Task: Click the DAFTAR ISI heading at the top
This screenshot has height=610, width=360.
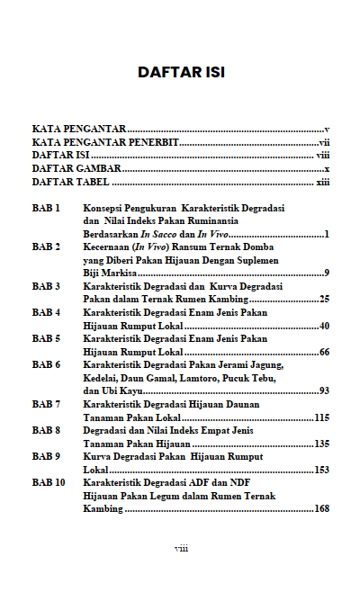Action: point(180,71)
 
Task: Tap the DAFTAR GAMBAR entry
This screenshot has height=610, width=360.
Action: point(76,169)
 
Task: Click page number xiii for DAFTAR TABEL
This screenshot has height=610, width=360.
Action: point(322,182)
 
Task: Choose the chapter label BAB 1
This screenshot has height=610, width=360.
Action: point(46,208)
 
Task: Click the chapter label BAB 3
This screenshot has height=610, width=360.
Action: point(46,286)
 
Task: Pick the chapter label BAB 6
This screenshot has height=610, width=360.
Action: point(46,365)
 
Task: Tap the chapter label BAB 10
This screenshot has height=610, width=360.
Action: point(49,483)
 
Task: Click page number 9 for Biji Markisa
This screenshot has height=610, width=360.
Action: point(326,273)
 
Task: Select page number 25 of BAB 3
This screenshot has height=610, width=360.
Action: point(323,299)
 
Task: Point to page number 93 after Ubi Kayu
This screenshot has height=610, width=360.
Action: point(323,391)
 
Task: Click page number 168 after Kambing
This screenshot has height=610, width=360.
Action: point(321,509)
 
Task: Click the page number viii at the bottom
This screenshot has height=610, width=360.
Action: point(180,548)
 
